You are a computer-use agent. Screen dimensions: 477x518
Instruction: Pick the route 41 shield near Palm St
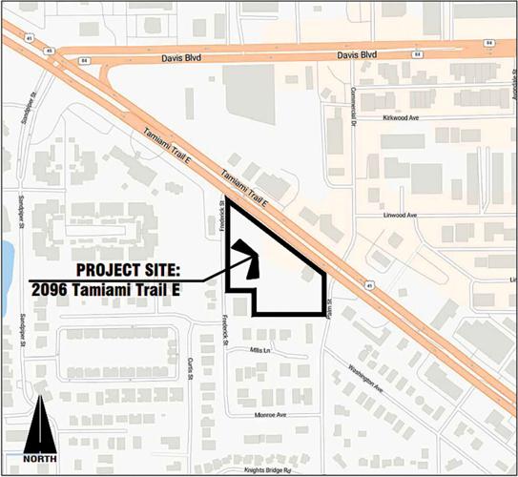366,282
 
